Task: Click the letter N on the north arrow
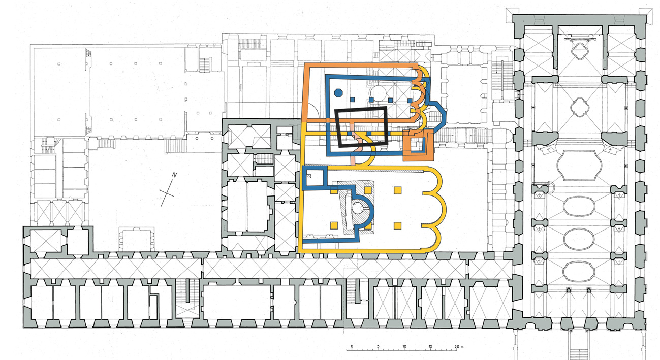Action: pyautogui.click(x=174, y=175)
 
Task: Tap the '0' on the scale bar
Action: pyautogui.click(x=352, y=346)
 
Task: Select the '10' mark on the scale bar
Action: pyautogui.click(x=404, y=346)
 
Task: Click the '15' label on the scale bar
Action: pyautogui.click(x=430, y=346)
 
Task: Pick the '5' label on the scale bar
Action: pyautogui.click(x=378, y=346)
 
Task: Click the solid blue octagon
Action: pyautogui.click(x=338, y=93)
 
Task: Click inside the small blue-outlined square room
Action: pyautogui.click(x=315, y=178)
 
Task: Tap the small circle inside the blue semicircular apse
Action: pyautogui.click(x=357, y=208)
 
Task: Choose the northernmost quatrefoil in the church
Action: pyautogui.click(x=580, y=51)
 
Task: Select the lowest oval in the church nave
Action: pyautogui.click(x=579, y=271)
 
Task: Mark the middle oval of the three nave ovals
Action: pyautogui.click(x=579, y=239)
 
